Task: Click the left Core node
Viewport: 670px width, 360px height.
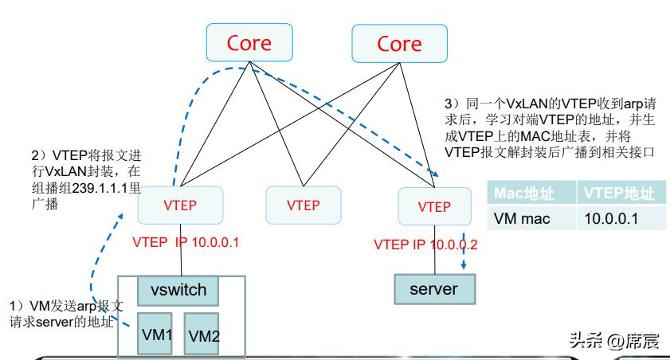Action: [x=249, y=43]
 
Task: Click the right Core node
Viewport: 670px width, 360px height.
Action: [x=398, y=43]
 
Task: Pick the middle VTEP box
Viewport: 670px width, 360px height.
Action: [x=303, y=205]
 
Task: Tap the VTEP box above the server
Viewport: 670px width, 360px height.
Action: [x=434, y=205]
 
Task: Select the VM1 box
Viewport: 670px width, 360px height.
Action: [x=157, y=333]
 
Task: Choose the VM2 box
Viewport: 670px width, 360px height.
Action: [x=203, y=335]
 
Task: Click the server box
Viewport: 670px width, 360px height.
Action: [x=434, y=288]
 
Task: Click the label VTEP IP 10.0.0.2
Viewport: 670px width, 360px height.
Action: [x=425, y=245]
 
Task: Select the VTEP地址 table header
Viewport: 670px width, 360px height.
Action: [x=619, y=194]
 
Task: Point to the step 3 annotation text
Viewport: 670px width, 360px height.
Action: [x=550, y=127]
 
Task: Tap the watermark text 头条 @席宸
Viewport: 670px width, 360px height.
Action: [x=614, y=341]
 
